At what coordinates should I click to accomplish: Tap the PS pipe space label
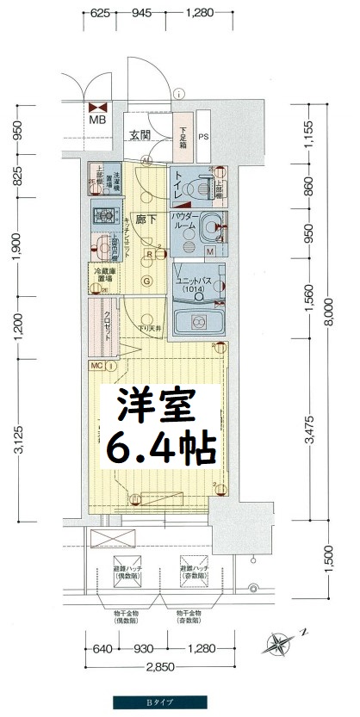pos(203,136)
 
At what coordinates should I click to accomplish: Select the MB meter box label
pos(97,121)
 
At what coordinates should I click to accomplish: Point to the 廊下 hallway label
pos(143,219)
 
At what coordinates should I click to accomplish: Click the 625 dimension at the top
pos(102,13)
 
